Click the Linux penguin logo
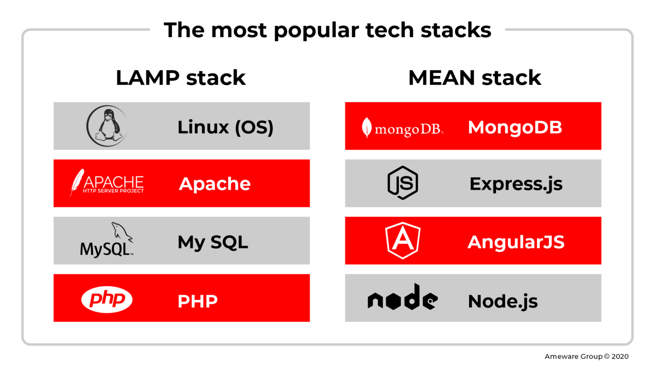coord(107,126)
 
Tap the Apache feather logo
coord(107,183)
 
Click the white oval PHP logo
coord(107,299)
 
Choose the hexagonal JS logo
coord(403,183)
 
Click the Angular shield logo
coord(403,241)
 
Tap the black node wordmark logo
coord(403,298)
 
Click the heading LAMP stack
coord(181,78)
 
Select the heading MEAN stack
coord(475,78)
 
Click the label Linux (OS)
coord(225,127)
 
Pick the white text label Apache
coord(214,184)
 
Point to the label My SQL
coord(213,242)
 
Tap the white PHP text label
coord(197,302)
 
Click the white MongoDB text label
coord(515,127)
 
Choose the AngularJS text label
coord(516,242)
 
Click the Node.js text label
coord(503,302)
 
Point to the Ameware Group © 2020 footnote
coord(586,356)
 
